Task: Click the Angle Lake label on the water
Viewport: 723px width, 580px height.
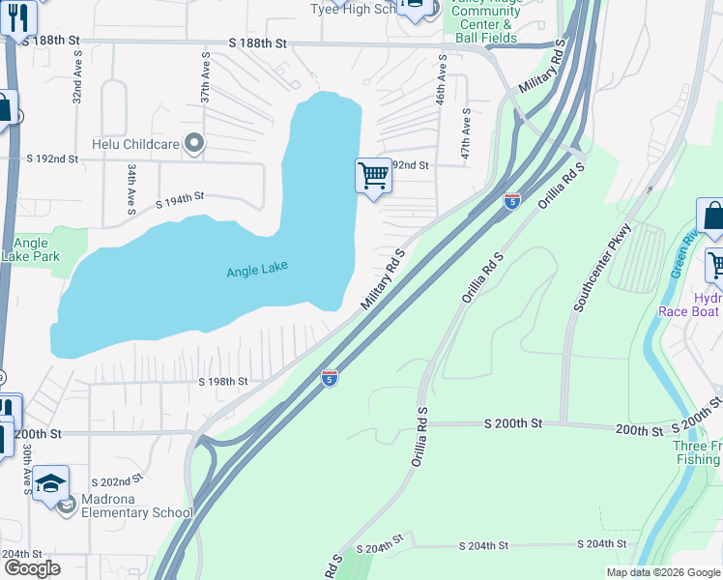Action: click(x=257, y=272)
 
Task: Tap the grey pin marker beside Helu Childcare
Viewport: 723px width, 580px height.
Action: click(x=194, y=144)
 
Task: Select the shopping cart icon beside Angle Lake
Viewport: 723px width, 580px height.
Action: click(x=373, y=177)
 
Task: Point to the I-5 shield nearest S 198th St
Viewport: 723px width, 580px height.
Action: click(x=330, y=377)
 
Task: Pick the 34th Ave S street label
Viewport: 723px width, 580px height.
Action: click(x=130, y=188)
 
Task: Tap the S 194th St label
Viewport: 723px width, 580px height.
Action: click(x=179, y=197)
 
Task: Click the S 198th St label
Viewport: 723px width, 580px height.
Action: click(x=223, y=382)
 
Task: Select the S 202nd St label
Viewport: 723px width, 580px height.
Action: click(x=117, y=480)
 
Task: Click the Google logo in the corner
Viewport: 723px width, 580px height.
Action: click(x=32, y=567)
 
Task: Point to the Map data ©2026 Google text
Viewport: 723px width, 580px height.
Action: click(x=664, y=572)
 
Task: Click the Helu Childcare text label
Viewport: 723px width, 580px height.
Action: click(x=136, y=144)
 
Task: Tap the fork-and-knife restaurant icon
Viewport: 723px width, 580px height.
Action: click(x=17, y=16)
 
